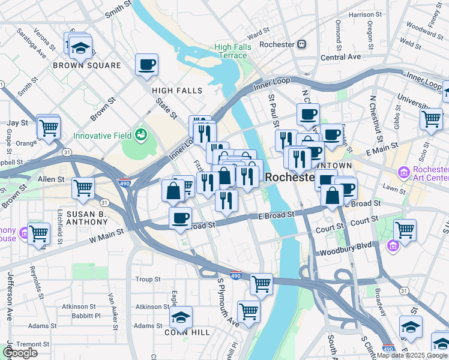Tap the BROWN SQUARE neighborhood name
click(x=79, y=65)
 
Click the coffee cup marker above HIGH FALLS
click(x=146, y=65)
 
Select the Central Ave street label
click(x=340, y=57)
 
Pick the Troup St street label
click(x=148, y=279)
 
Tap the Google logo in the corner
click(x=20, y=353)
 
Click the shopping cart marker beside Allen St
click(x=83, y=188)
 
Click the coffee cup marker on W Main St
click(x=179, y=218)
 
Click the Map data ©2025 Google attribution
click(x=412, y=355)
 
